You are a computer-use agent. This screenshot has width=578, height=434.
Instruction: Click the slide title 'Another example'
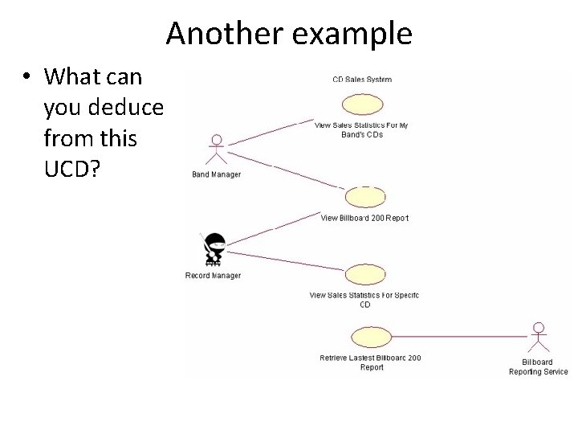pos(289,34)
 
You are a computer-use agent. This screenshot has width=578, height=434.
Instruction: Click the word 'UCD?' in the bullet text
pos(71,170)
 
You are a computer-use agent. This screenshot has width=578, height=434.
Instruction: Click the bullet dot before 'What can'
pos(26,77)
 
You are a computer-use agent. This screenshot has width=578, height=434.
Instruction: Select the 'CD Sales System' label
pos(362,79)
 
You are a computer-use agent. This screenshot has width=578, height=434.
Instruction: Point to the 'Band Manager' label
pos(216,174)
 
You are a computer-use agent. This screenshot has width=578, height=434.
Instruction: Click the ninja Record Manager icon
pos(214,250)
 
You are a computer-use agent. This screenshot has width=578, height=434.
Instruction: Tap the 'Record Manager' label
pos(213,276)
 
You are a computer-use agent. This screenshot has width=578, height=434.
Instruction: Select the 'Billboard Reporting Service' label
pos(539,366)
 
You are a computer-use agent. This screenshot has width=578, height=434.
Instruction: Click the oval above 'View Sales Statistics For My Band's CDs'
pos(362,105)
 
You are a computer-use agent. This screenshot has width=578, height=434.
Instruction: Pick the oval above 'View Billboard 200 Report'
pos(365,197)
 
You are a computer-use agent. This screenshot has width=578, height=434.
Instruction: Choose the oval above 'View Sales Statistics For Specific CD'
pos(365,275)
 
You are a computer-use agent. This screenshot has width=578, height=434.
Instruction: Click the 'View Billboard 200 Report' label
pos(364,218)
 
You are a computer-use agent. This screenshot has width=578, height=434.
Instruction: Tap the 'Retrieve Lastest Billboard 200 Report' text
pos(370,362)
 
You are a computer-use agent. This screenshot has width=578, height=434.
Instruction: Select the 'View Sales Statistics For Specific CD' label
pos(364,300)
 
